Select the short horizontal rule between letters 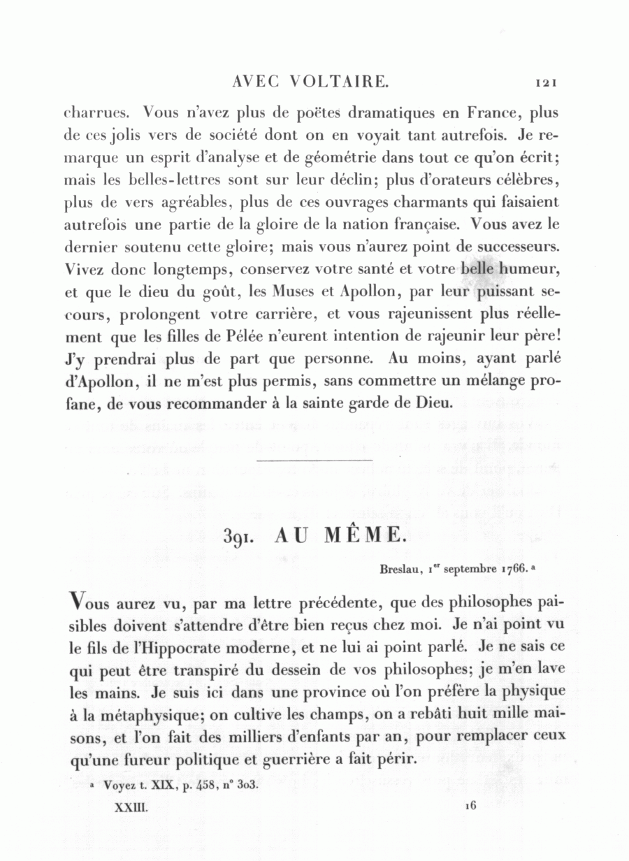coord(314,460)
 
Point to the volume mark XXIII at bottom coord(133,806)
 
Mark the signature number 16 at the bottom coord(470,806)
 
